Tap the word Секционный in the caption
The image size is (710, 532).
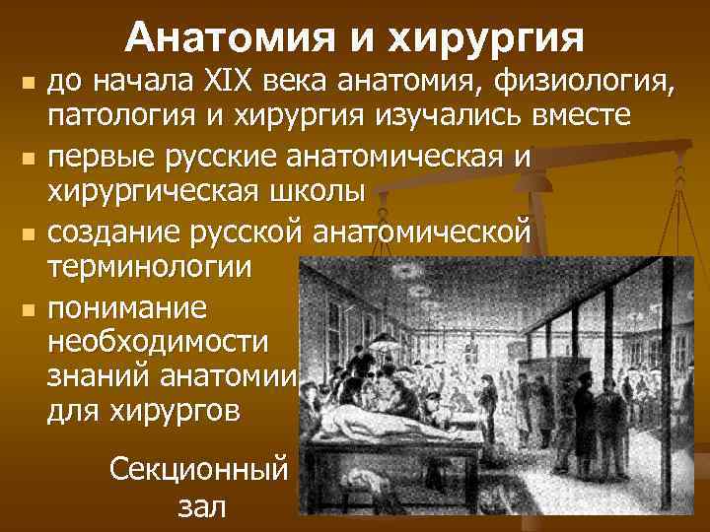coord(197,468)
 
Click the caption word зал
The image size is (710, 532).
coord(201,506)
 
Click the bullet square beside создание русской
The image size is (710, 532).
coord(28,233)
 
